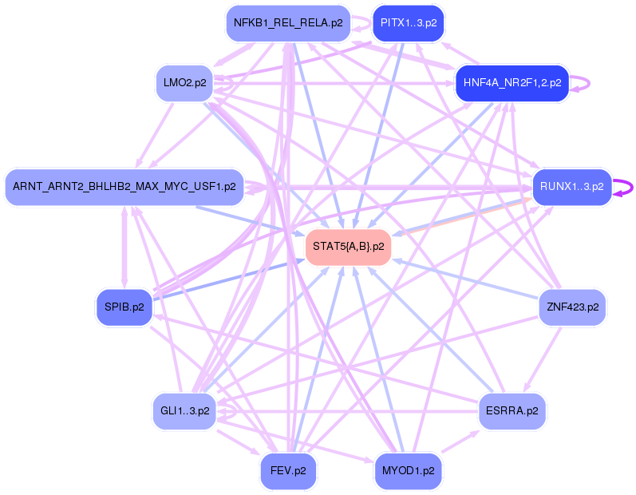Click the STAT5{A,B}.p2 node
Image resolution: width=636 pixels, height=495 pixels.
point(348,247)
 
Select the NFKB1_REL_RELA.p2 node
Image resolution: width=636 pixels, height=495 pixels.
point(288,22)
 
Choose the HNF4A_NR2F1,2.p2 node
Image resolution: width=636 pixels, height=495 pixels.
point(512,82)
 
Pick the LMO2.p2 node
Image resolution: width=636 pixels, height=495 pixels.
point(184,82)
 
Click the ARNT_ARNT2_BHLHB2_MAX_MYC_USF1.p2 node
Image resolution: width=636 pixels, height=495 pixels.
point(124,187)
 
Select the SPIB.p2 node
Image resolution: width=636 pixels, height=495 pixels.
point(124,307)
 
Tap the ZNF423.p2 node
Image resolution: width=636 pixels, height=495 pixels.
point(572,307)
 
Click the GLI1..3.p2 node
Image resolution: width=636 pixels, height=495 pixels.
point(184,411)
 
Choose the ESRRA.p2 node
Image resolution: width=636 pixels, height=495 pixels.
point(512,411)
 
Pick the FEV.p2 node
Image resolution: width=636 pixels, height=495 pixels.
point(288,470)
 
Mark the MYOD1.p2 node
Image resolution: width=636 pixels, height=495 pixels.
point(409,470)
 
